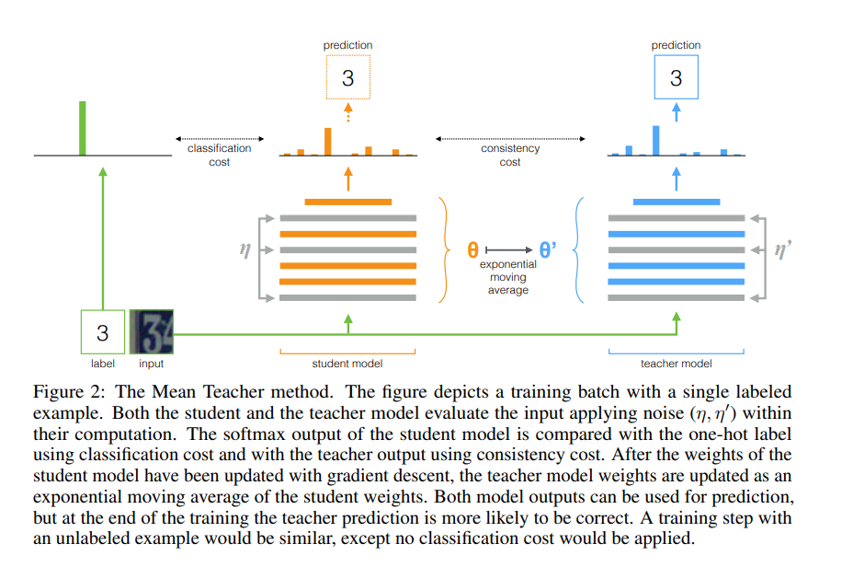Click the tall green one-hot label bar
[x=83, y=128]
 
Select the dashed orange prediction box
[x=347, y=77]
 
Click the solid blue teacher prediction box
[x=676, y=77]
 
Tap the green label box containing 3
[x=103, y=331]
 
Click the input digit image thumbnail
[x=152, y=331]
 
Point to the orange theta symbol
[x=472, y=249]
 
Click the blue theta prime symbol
[x=549, y=249]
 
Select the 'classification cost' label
[x=219, y=155]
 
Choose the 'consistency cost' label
[x=510, y=155]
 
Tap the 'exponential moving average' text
[x=508, y=277]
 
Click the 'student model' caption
[x=347, y=364]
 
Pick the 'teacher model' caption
[x=676, y=364]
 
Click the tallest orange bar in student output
[x=327, y=141]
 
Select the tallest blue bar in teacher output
[x=655, y=140]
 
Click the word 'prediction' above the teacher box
[x=676, y=45]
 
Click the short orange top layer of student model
[x=347, y=202]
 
